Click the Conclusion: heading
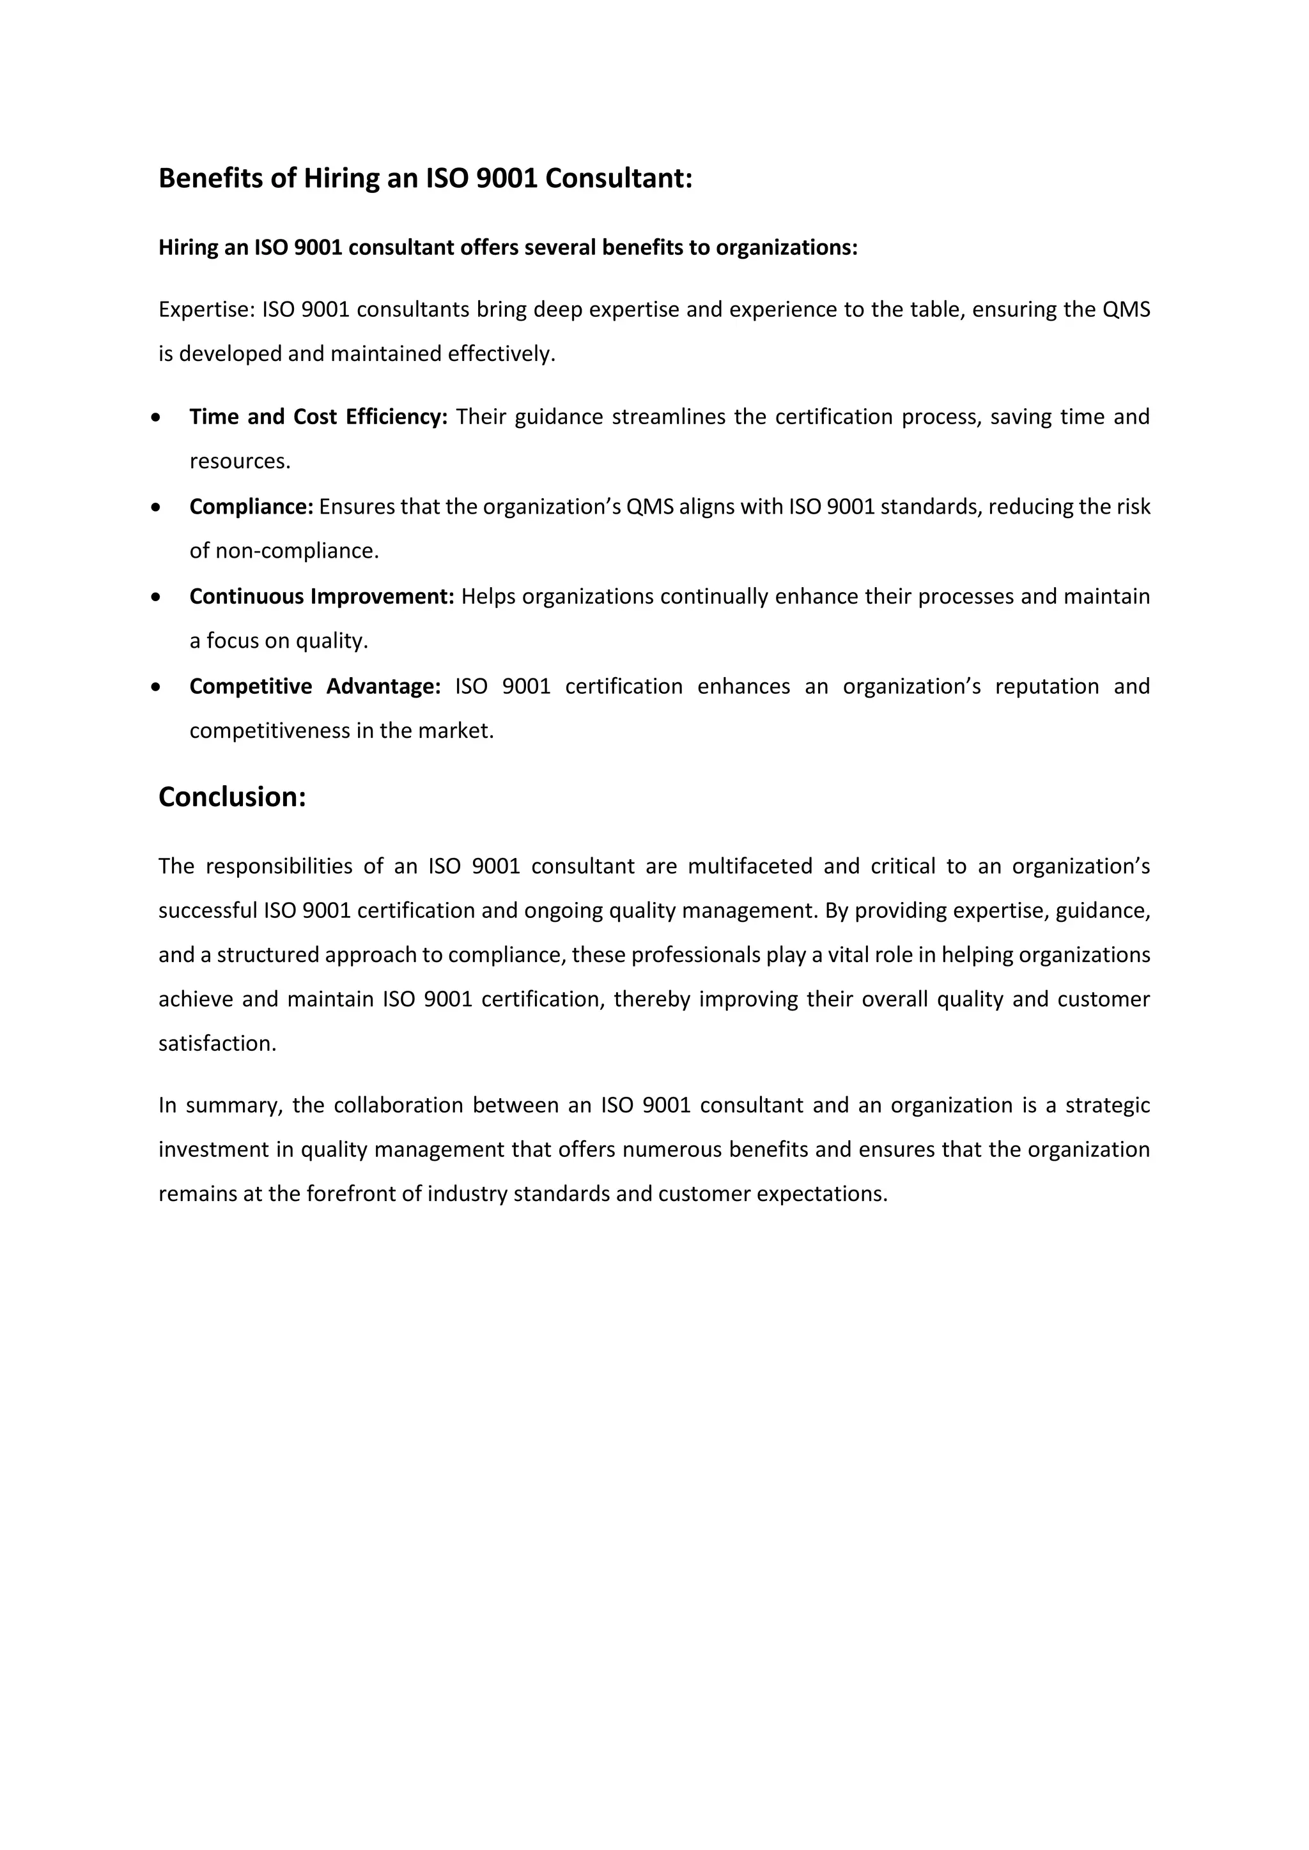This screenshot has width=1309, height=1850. click(232, 797)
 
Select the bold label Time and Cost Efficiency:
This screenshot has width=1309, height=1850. click(318, 417)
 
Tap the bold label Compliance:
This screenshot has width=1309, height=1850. click(251, 507)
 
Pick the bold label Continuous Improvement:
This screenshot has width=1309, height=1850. click(321, 596)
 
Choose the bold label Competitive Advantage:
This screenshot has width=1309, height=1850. click(314, 687)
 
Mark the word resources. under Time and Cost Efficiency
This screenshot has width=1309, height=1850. click(240, 462)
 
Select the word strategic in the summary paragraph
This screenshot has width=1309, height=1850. click(1108, 1105)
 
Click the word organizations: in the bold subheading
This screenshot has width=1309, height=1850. click(787, 247)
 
